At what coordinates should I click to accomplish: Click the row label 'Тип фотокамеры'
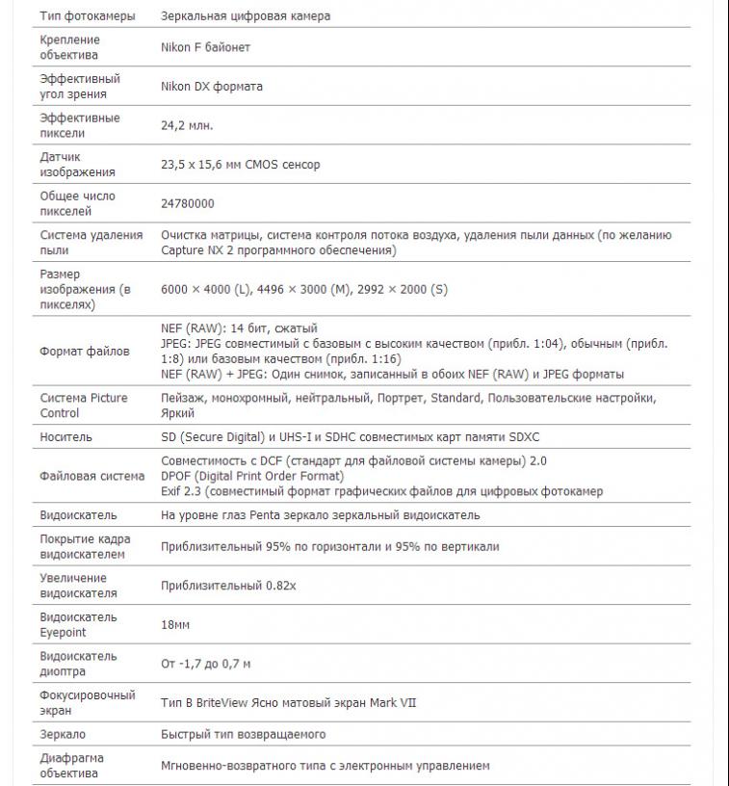click(x=87, y=16)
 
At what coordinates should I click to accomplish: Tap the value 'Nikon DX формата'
click(x=211, y=87)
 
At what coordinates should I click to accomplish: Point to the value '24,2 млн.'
click(x=187, y=125)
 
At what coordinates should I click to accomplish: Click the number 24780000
click(x=188, y=203)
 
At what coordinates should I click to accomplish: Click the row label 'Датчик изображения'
click(x=77, y=164)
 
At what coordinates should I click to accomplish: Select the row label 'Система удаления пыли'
click(x=91, y=242)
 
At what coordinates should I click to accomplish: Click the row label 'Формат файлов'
click(x=84, y=352)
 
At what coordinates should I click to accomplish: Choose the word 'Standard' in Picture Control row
click(x=456, y=398)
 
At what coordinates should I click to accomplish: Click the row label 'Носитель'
click(x=65, y=437)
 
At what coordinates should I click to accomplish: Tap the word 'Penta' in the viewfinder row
click(x=272, y=515)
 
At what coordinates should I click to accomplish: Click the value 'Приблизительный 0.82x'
click(x=228, y=586)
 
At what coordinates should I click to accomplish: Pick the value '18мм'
click(x=175, y=625)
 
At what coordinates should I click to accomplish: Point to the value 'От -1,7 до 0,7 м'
click(x=205, y=664)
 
